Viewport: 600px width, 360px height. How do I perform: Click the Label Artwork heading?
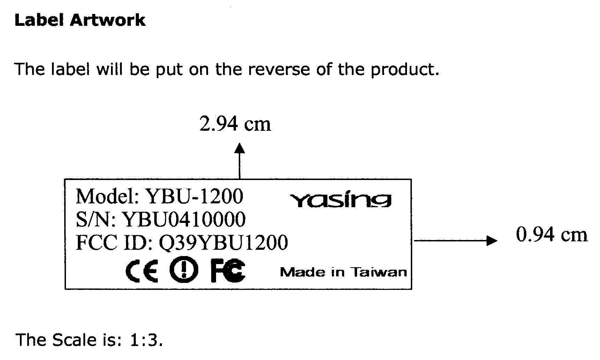click(x=80, y=20)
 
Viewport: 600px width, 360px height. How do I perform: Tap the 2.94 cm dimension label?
click(x=235, y=124)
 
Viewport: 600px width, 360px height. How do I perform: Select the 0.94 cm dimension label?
click(x=551, y=234)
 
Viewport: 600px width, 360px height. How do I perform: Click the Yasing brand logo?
click(x=341, y=200)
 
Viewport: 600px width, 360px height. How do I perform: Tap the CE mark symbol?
click(x=142, y=270)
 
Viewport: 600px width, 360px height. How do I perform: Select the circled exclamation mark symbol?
click(x=184, y=270)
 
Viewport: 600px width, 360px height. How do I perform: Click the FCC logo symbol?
click(x=228, y=270)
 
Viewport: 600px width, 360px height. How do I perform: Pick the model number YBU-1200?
click(x=194, y=196)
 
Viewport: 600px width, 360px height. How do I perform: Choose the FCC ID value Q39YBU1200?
click(x=223, y=242)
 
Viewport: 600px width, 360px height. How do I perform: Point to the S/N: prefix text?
click(x=96, y=219)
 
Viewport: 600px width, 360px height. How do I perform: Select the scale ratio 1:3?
click(x=146, y=340)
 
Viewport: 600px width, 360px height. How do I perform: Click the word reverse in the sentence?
click(x=279, y=69)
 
